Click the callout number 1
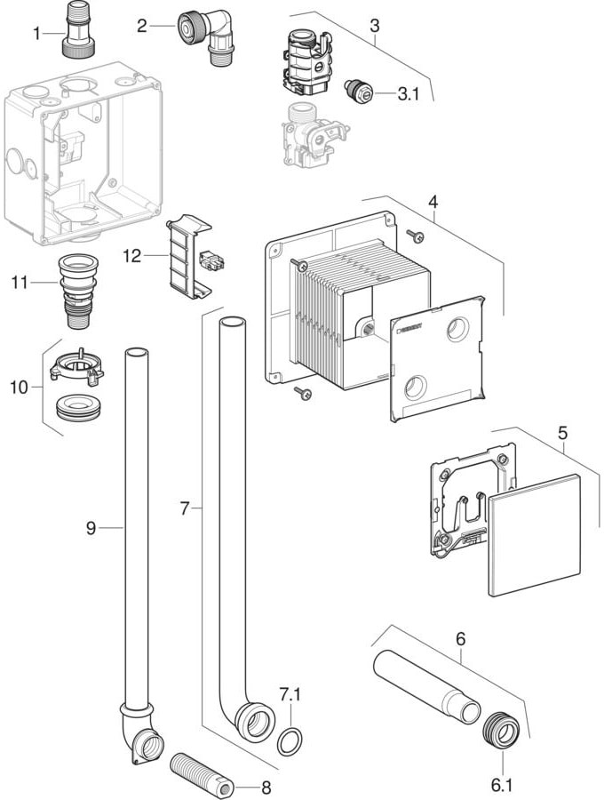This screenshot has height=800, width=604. click(x=36, y=34)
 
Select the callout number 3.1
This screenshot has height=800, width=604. click(x=408, y=93)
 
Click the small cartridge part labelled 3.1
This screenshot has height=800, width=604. click(x=358, y=90)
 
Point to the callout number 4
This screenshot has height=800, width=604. click(x=433, y=203)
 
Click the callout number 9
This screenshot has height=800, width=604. click(x=91, y=528)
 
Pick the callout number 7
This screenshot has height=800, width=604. click(x=185, y=508)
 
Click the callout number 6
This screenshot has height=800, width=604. click(x=460, y=637)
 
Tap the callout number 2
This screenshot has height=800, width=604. click(x=142, y=26)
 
